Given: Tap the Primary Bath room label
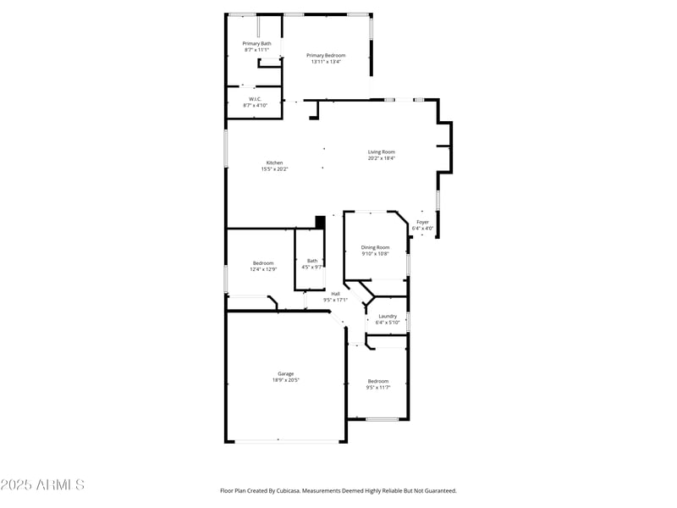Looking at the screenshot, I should pyautogui.click(x=256, y=43).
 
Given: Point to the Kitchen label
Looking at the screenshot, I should pyautogui.click(x=274, y=163).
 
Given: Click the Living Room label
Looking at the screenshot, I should pyautogui.click(x=381, y=152).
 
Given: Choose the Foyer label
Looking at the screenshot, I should pyautogui.click(x=422, y=222).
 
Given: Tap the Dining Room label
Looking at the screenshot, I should pyautogui.click(x=375, y=247).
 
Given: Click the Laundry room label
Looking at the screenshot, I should pyautogui.click(x=388, y=316).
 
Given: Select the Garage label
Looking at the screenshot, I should pyautogui.click(x=286, y=373).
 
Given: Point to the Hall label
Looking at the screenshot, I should pyautogui.click(x=335, y=294).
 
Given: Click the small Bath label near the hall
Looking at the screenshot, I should pyautogui.click(x=312, y=261).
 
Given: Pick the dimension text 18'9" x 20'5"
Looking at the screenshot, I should pyautogui.click(x=286, y=380).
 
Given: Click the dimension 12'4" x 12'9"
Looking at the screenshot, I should pyautogui.click(x=262, y=269).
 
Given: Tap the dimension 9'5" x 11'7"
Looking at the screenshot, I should pyautogui.click(x=377, y=387).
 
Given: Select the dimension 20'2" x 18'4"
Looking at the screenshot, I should pyautogui.click(x=381, y=158).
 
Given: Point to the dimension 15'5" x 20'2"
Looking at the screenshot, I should pyautogui.click(x=274, y=169).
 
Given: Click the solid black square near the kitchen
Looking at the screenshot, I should pyautogui.click(x=320, y=222).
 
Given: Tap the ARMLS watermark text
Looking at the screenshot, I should pyautogui.click(x=42, y=485).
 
